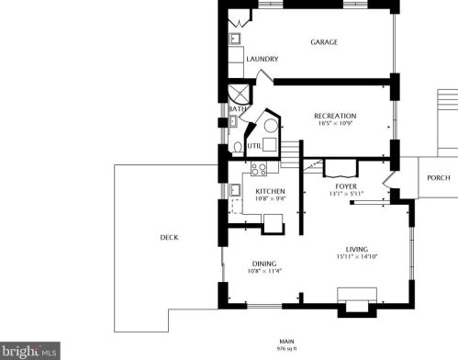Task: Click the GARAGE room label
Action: point(324,42)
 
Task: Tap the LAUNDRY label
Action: point(263,59)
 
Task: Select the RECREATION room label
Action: point(335,116)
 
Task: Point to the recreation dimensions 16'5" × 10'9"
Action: point(335,123)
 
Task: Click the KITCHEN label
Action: point(270,191)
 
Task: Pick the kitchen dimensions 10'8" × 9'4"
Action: point(270,198)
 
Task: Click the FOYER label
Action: point(346,186)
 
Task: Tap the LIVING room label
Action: point(357,249)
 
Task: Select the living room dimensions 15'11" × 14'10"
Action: point(357,256)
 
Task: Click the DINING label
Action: point(264,264)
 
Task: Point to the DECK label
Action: point(169,237)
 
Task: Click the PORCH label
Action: point(439,178)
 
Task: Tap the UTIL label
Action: point(254,146)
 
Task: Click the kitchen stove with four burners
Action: point(259,169)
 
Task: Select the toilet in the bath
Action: point(238,148)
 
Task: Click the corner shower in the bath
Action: point(240,95)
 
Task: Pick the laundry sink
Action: point(235,39)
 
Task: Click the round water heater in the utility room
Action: point(271,126)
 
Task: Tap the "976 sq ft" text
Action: point(286,348)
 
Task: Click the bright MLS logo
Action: point(29,351)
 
